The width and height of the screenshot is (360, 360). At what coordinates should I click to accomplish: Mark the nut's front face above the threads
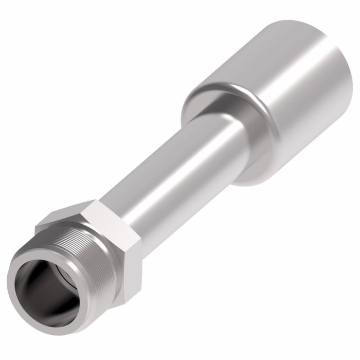(57, 226)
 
